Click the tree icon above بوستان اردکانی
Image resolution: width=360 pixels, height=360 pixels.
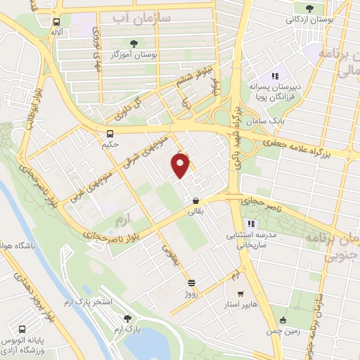click(309, 8)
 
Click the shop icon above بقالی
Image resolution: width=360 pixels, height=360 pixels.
click(195, 200)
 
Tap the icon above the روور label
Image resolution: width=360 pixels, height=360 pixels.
click(192, 283)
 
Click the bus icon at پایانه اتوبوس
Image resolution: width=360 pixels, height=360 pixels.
click(22, 329)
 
